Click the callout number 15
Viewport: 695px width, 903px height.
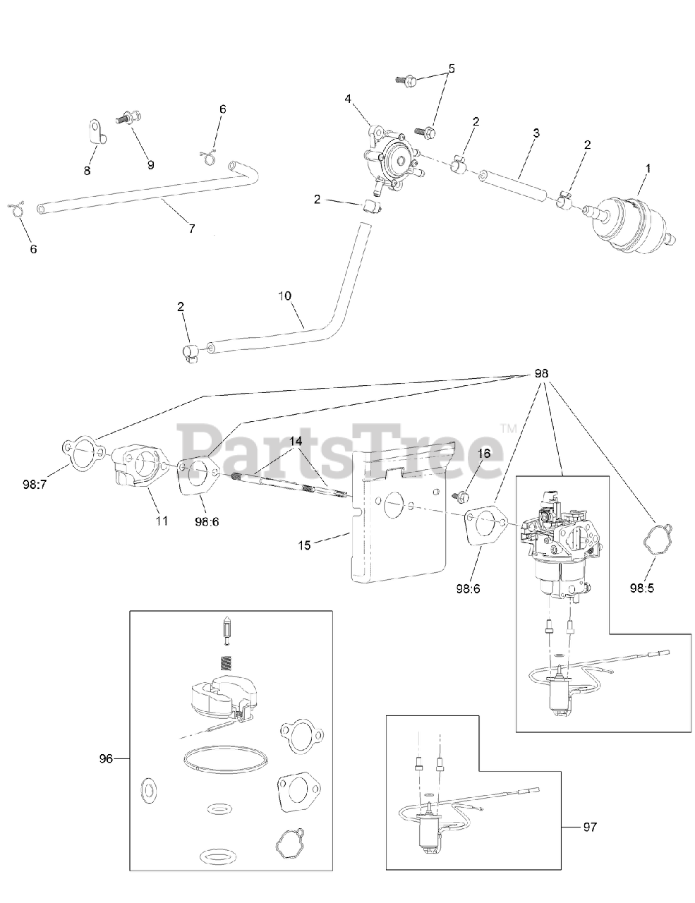[304, 544]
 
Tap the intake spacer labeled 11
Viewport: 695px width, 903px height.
[138, 469]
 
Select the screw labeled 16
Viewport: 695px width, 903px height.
[461, 496]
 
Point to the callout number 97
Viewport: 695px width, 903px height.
[589, 826]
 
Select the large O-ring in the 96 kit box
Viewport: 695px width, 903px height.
[219, 762]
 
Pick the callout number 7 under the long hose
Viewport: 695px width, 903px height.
[191, 228]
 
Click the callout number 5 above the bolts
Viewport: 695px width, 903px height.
[452, 69]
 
